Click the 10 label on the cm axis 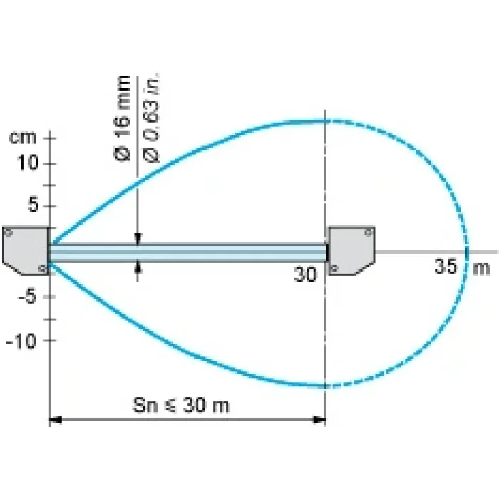point(28,163)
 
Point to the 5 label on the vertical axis point(33,205)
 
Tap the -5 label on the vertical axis point(28,297)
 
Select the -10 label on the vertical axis point(21,341)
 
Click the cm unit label point(23,138)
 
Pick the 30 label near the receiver point(305,274)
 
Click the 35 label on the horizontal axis point(446,266)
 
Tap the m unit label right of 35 point(482,268)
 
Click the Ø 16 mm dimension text point(122,118)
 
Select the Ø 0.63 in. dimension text point(152,118)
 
